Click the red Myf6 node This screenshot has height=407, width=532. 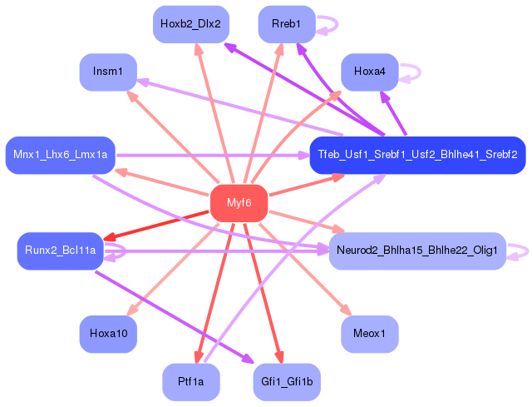239,203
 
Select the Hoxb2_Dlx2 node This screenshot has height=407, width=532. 191,24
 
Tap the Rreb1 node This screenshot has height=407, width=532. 287,24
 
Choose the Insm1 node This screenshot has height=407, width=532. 108,72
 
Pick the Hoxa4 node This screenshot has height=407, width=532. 369,72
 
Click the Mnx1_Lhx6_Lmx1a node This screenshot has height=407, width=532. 61,156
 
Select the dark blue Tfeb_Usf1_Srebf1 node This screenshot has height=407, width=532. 417,156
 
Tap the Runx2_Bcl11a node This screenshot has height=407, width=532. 60,251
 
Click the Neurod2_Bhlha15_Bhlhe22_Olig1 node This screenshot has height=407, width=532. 417,251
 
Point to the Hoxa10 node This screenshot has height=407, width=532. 108,334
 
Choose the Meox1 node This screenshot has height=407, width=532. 369,334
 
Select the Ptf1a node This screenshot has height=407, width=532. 191,382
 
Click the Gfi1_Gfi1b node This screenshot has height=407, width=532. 287,382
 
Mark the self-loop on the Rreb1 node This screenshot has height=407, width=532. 337,24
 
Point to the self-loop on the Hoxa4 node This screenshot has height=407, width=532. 420,72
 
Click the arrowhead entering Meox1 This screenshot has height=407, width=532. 347,310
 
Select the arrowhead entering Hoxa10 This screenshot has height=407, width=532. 131,310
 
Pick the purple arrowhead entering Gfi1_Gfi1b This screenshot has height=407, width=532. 248,359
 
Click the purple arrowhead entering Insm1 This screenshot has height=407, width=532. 142,82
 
